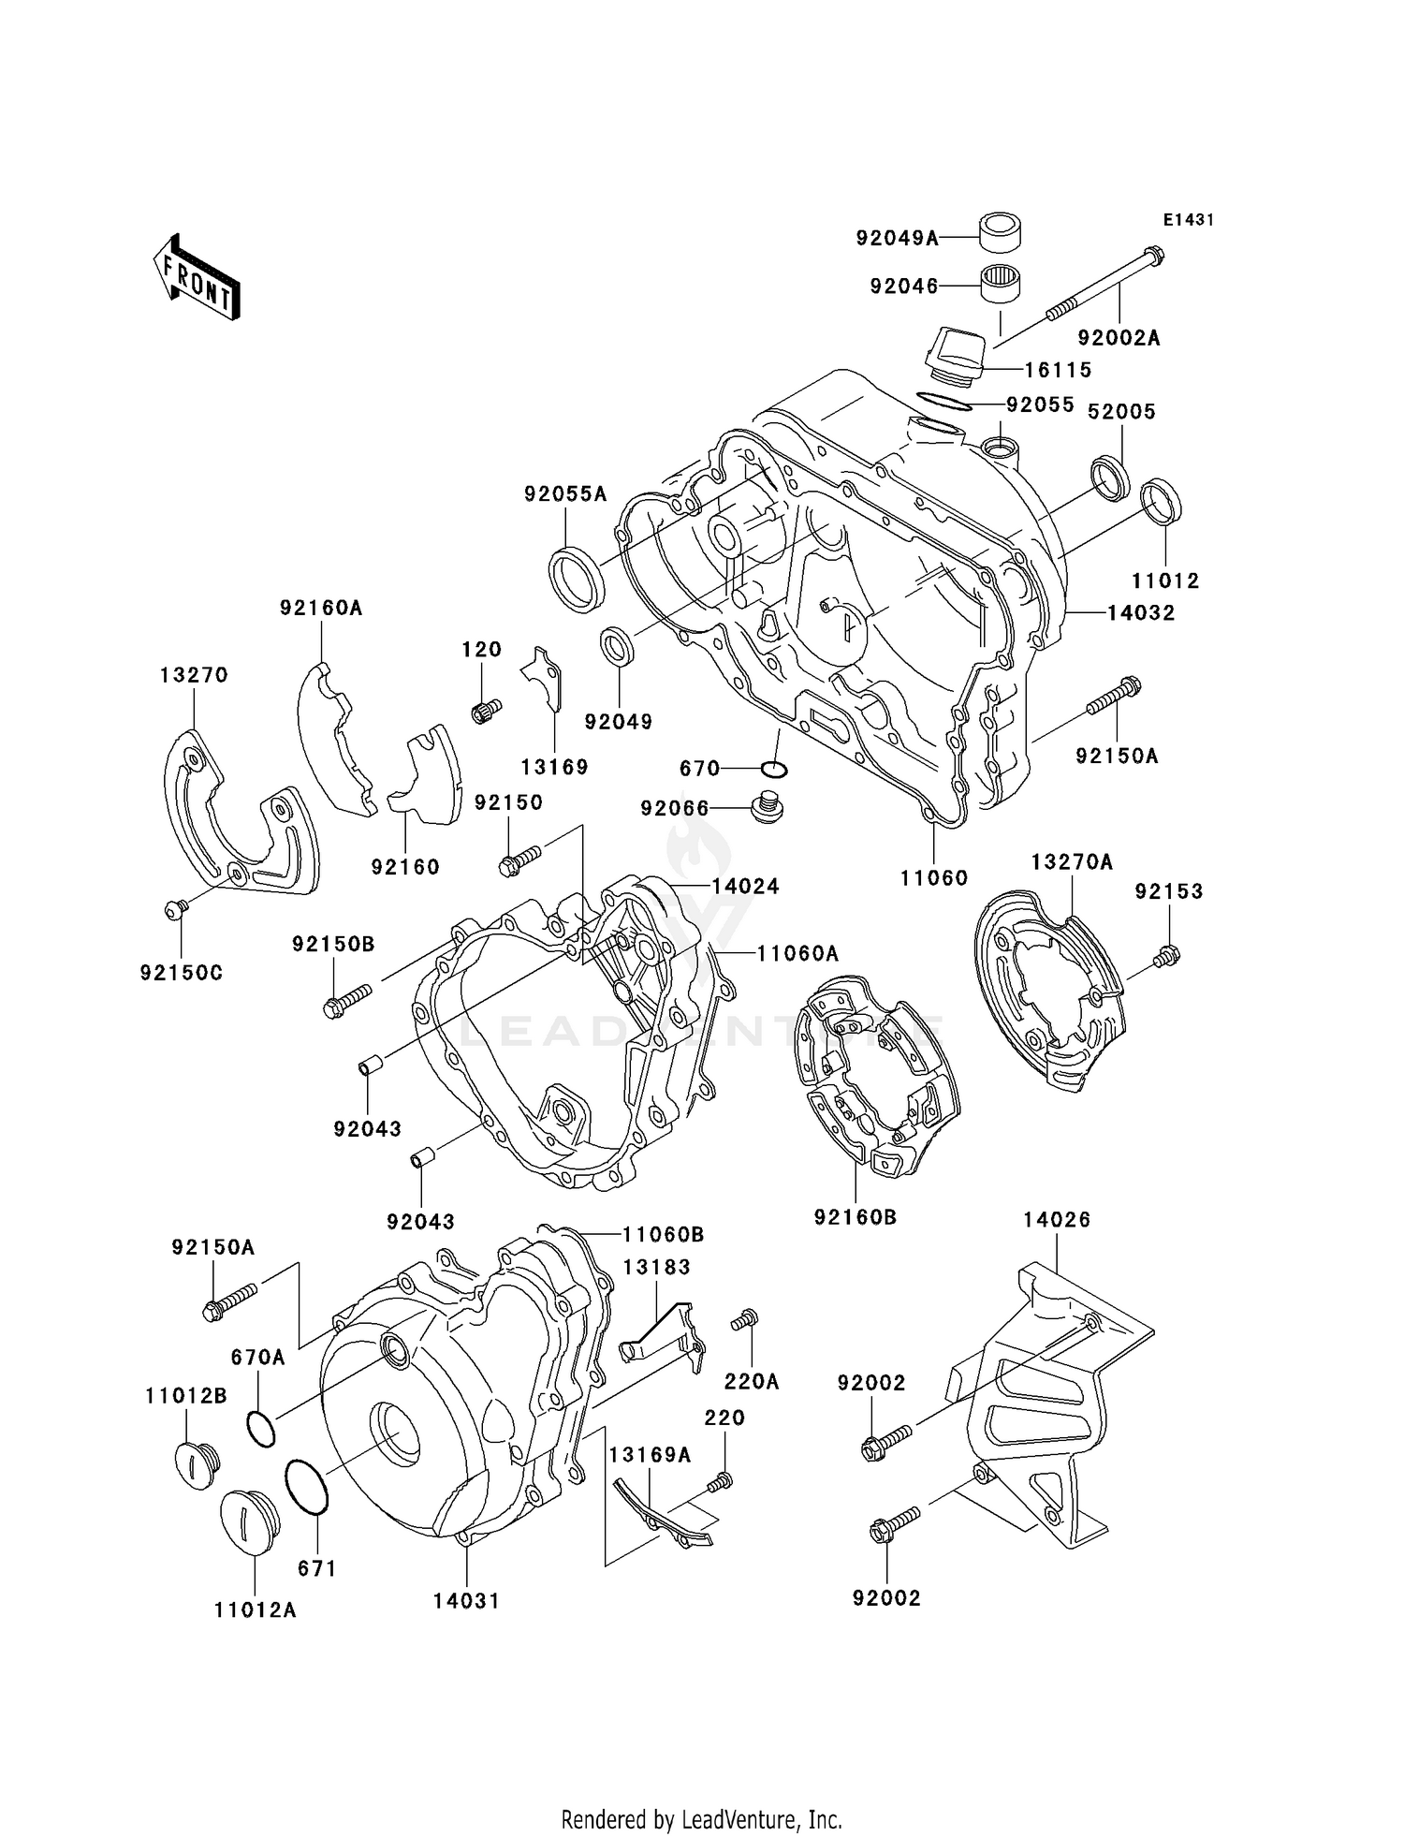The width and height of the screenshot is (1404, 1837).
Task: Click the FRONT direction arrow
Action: click(x=197, y=277)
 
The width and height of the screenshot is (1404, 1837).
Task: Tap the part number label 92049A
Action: click(x=897, y=239)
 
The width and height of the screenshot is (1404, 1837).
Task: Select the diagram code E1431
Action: click(x=1188, y=220)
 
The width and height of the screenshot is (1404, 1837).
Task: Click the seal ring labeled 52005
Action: click(x=1111, y=477)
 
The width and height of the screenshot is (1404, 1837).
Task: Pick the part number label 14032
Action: click(x=1141, y=613)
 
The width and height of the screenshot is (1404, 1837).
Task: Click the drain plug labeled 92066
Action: click(x=767, y=807)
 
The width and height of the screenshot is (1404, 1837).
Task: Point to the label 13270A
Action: click(x=1072, y=862)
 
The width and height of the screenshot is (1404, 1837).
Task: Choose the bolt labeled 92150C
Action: click(x=175, y=908)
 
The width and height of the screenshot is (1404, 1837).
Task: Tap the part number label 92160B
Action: click(x=855, y=1217)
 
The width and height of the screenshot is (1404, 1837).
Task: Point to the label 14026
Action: click(x=1056, y=1220)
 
